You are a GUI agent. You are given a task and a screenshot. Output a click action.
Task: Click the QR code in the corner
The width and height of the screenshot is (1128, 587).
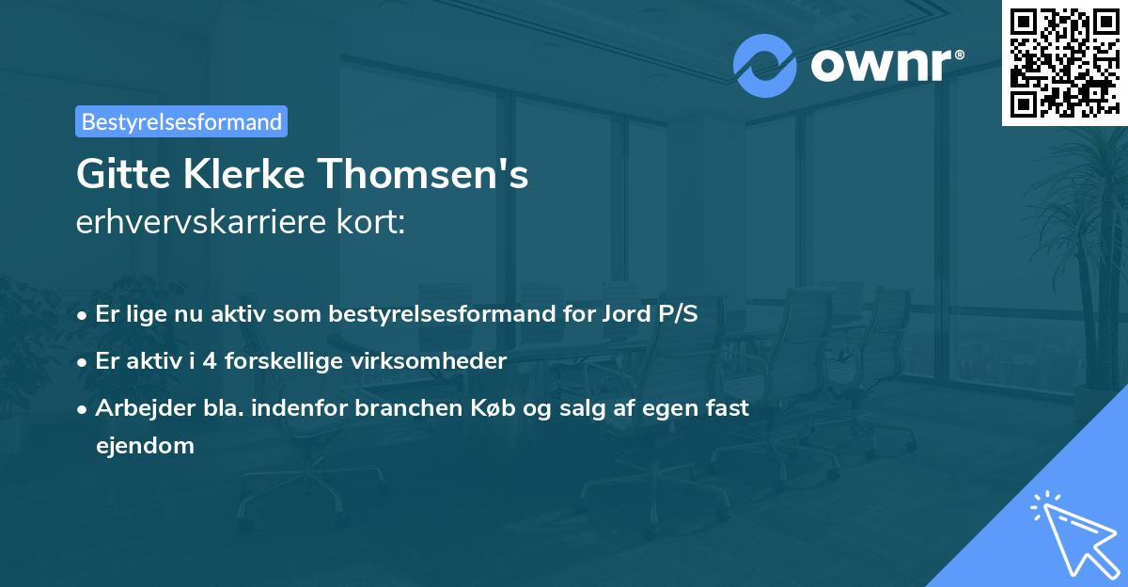[x=1064, y=62]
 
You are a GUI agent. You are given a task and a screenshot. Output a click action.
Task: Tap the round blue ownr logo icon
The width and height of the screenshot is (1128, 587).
[x=765, y=65]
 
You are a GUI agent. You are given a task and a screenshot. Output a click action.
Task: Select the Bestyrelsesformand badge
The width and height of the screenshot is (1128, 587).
[x=181, y=121]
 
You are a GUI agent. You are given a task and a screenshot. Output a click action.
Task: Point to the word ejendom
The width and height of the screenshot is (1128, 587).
[x=145, y=446]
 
